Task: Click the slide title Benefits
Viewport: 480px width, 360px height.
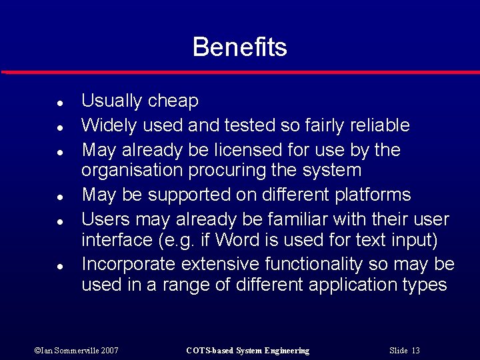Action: point(239,47)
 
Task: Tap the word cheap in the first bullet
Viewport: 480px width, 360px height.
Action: point(173,101)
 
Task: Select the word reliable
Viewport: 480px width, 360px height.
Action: point(378,125)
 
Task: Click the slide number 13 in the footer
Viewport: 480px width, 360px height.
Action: point(415,351)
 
